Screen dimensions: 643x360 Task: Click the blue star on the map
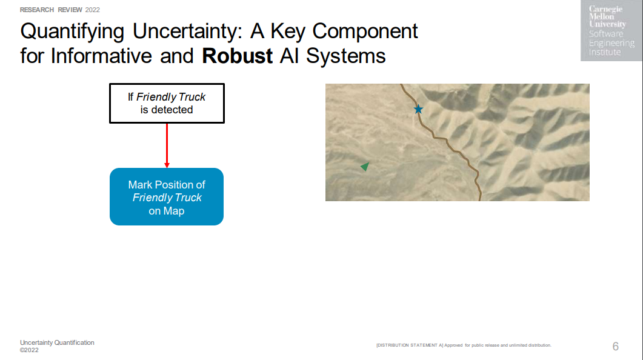(x=418, y=109)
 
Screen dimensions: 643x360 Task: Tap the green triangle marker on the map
(x=365, y=166)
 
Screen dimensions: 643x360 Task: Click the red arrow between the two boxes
(x=167, y=145)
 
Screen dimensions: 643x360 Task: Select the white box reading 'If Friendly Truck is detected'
(x=167, y=103)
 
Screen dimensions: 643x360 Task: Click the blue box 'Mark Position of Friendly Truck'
(x=167, y=196)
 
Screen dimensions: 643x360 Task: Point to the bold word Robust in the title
(x=237, y=56)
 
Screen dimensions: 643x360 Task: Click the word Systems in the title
(x=345, y=56)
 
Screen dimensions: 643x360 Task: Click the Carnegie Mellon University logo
(x=611, y=31)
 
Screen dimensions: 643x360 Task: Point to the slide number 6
(x=616, y=347)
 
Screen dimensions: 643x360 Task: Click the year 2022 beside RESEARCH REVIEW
(x=92, y=10)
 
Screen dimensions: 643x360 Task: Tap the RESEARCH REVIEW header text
(x=52, y=10)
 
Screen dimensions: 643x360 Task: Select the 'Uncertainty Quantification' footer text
(x=57, y=342)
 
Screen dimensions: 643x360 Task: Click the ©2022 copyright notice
(x=29, y=350)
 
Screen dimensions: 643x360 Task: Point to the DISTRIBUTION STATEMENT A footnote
(x=464, y=345)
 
